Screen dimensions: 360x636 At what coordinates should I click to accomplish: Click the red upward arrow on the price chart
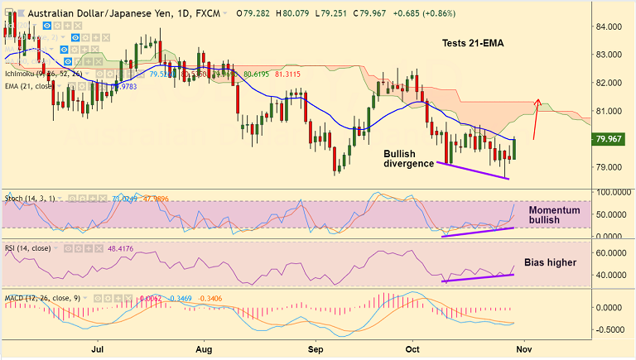535,118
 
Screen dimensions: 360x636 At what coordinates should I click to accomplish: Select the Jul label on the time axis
97,349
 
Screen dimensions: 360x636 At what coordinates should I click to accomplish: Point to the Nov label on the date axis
524,349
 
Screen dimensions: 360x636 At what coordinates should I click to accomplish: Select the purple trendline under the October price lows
472,170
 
